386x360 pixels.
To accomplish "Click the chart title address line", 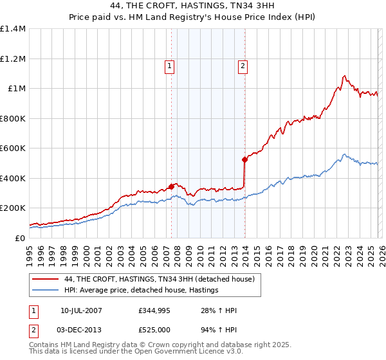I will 192,6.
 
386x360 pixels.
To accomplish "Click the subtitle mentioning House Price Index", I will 192,19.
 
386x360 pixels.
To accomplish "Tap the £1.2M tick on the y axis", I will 13,59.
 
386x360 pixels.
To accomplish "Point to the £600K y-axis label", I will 13,148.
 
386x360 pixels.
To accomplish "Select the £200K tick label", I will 13,208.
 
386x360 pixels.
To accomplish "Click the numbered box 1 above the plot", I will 169,65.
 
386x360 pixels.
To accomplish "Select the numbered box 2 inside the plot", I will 243,65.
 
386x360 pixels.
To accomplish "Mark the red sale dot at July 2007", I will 171,186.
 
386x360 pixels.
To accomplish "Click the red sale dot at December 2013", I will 244,159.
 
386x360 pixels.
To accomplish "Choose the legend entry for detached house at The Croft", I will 160,279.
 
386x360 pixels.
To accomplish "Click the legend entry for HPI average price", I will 142,291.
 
